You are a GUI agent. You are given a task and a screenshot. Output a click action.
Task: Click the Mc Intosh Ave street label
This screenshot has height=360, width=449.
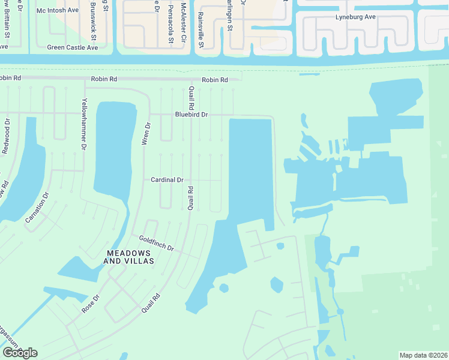[x=58, y=11]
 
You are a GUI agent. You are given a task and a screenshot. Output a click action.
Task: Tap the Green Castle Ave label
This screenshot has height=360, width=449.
[x=72, y=47]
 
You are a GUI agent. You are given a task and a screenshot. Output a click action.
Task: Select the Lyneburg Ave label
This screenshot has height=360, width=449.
[x=355, y=17]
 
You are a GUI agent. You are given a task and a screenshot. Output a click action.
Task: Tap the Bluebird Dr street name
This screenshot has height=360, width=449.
[x=191, y=114]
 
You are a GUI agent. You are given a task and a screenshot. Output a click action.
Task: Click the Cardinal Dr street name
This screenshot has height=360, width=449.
[x=167, y=179]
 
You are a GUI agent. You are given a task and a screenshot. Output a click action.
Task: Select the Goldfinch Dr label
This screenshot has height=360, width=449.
[x=156, y=244]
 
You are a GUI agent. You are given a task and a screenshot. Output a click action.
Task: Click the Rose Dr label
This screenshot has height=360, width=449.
[x=89, y=303]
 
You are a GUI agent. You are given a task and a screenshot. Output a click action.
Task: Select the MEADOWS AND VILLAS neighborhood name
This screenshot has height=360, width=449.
[x=129, y=257]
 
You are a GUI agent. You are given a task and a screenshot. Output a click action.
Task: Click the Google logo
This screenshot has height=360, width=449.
[x=20, y=353]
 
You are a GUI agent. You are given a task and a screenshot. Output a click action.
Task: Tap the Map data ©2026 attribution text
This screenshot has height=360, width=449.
[x=423, y=355]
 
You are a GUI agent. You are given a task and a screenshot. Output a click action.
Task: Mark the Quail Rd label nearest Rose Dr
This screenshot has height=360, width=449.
[x=152, y=302]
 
